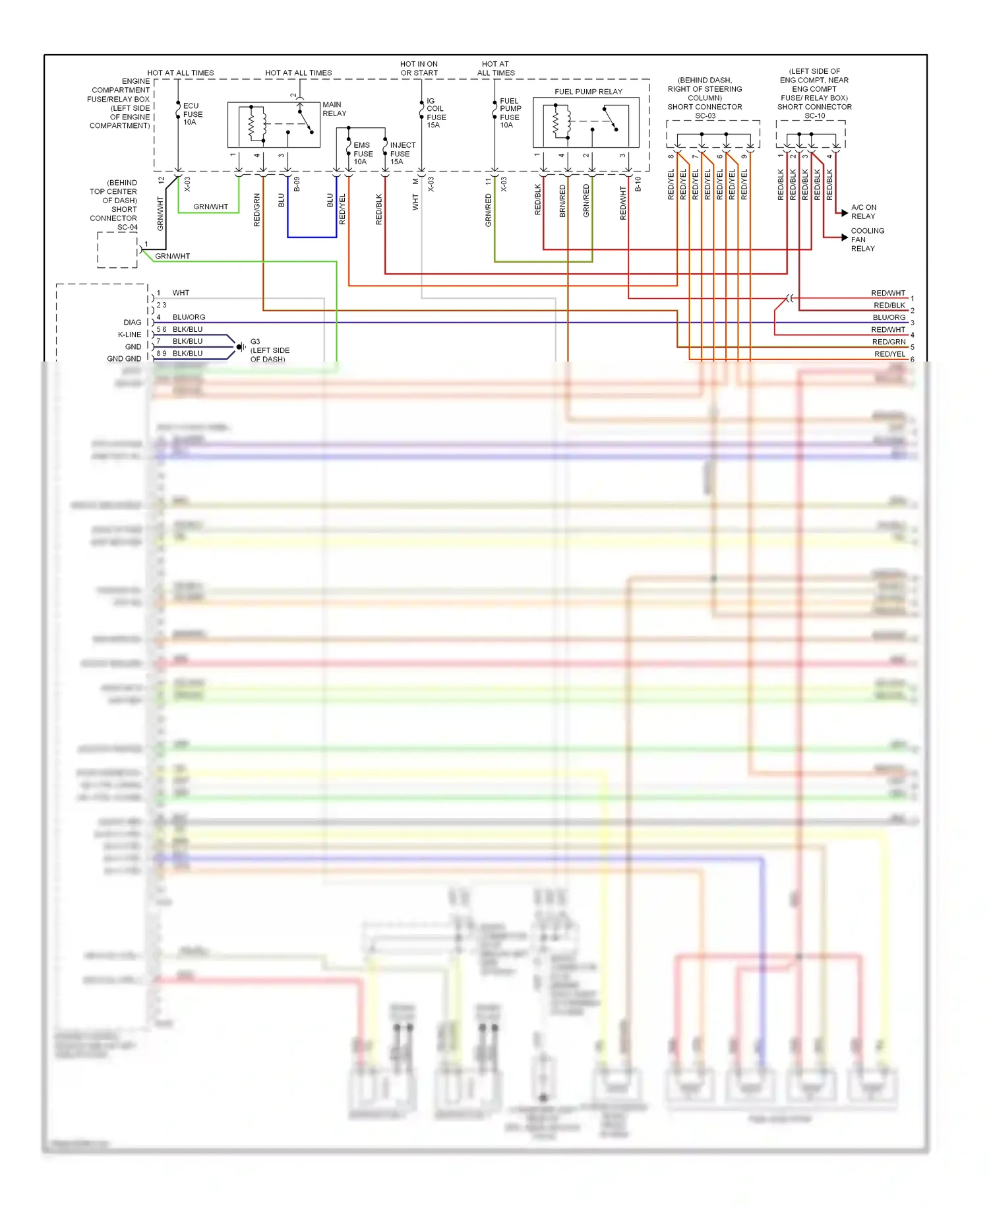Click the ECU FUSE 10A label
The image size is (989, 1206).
coord(192,114)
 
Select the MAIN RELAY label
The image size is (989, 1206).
coord(334,109)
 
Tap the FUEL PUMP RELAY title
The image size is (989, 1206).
coord(588,92)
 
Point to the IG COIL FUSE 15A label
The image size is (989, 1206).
coord(435,113)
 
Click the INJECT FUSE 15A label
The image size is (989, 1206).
coord(402,153)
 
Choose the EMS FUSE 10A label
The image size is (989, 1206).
coord(362,153)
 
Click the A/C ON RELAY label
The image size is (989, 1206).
coord(863,212)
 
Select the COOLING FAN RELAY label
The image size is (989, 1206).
coord(866,239)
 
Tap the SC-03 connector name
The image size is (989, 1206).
coord(705,116)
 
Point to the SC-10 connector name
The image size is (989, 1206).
coord(814,116)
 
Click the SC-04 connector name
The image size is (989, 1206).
coord(127,228)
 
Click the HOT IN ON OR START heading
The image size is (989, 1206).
coord(419,69)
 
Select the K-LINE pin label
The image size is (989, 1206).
coord(129,334)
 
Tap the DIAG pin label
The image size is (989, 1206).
coord(132,323)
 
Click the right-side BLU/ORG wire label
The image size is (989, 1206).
coord(889,317)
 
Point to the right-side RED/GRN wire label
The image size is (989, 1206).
coord(889,342)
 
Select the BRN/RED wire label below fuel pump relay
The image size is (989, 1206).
coord(562,201)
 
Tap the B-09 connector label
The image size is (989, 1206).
coord(297,184)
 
